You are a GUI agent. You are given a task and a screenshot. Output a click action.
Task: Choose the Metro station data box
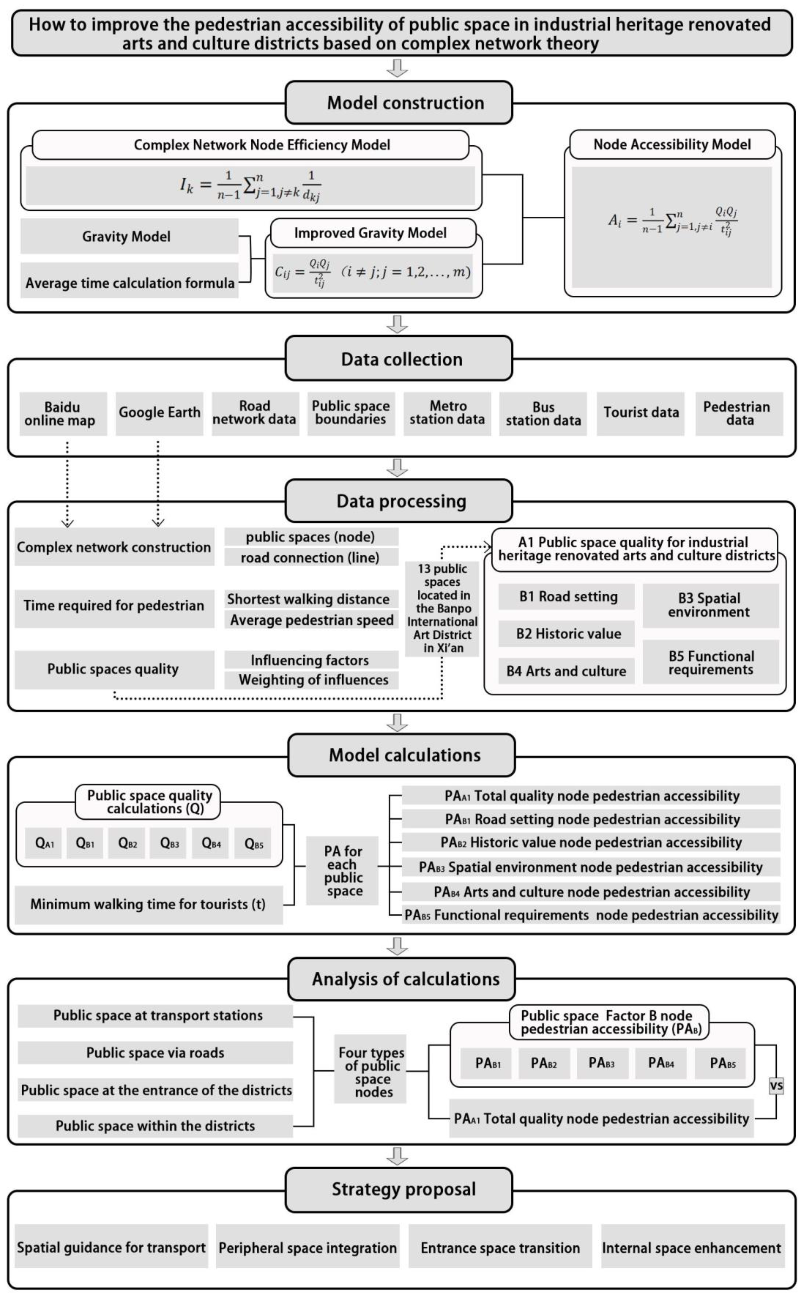(x=447, y=413)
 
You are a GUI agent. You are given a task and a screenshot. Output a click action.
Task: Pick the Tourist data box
(x=641, y=413)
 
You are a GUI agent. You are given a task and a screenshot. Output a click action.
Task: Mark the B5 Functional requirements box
(x=710, y=662)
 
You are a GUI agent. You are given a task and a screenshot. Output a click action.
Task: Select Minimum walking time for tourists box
(x=148, y=904)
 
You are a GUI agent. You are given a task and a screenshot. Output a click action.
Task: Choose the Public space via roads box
(x=155, y=1053)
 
